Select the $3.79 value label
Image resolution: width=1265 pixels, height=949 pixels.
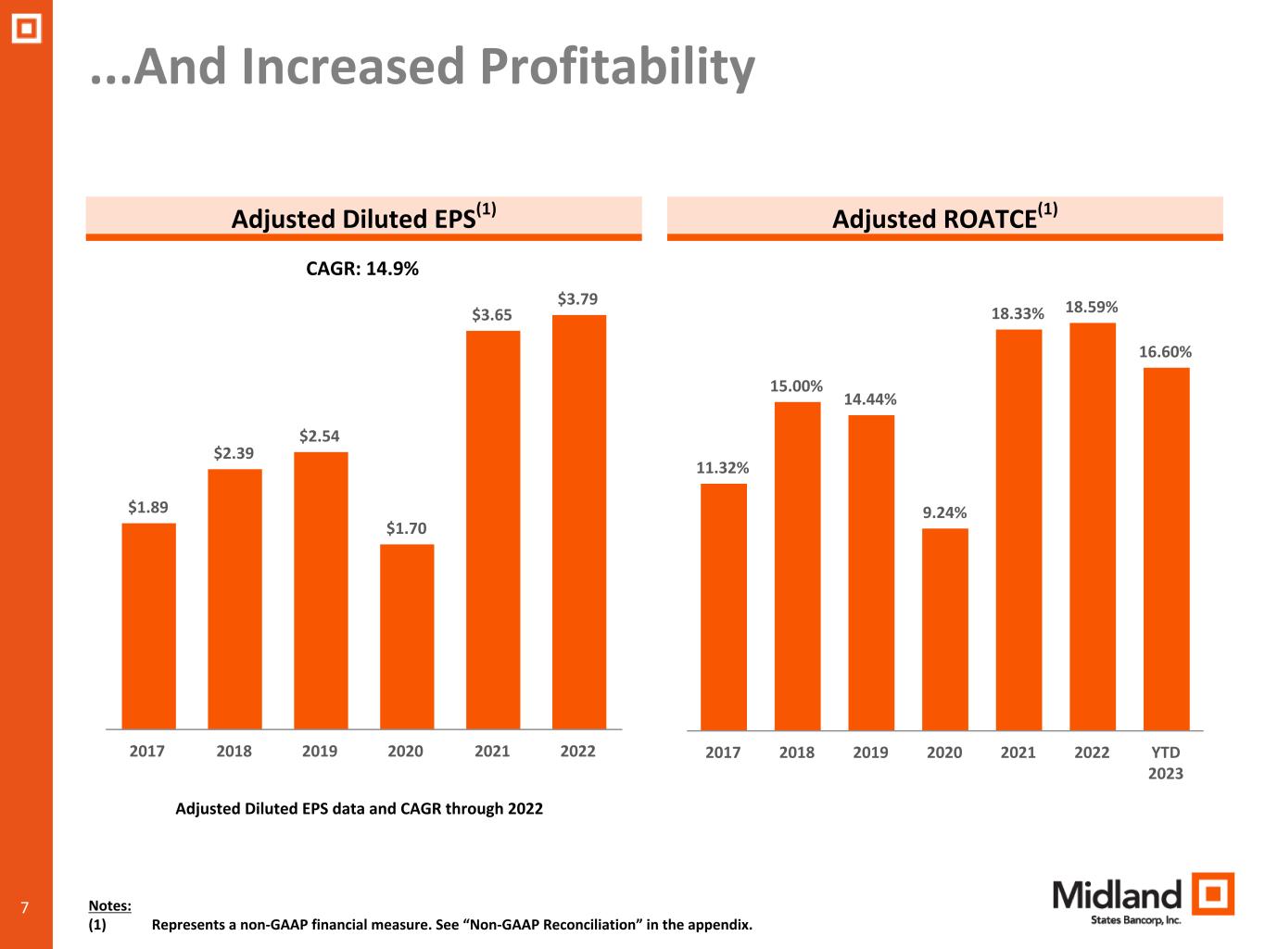pyautogui.click(x=577, y=299)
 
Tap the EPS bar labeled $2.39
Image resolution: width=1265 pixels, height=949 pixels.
pyautogui.click(x=234, y=599)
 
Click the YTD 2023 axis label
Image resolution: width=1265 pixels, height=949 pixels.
pyautogui.click(x=1165, y=763)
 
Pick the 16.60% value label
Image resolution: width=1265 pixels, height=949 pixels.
pyautogui.click(x=1165, y=352)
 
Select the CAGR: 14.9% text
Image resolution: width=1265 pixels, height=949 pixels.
pyautogui.click(x=362, y=269)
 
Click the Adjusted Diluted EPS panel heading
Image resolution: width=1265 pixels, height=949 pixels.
pyautogui.click(x=363, y=218)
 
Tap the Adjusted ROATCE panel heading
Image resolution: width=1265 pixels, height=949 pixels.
pyautogui.click(x=944, y=218)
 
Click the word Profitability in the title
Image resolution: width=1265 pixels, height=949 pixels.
pyautogui.click(x=617, y=67)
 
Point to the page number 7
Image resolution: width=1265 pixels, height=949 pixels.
pyautogui.click(x=25, y=907)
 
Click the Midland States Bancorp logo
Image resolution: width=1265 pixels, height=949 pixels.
pyautogui.click(x=1143, y=898)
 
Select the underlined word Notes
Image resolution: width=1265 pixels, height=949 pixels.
pyautogui.click(x=109, y=905)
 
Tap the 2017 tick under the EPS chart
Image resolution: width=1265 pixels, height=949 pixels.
pyautogui.click(x=147, y=751)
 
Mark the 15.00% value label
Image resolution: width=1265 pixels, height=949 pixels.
pyautogui.click(x=796, y=386)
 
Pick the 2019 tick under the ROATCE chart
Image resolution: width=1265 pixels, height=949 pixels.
pyautogui.click(x=870, y=753)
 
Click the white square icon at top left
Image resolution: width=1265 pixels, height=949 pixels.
pyautogui.click(x=26, y=29)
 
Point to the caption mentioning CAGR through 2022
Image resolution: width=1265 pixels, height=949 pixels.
pyautogui.click(x=359, y=808)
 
